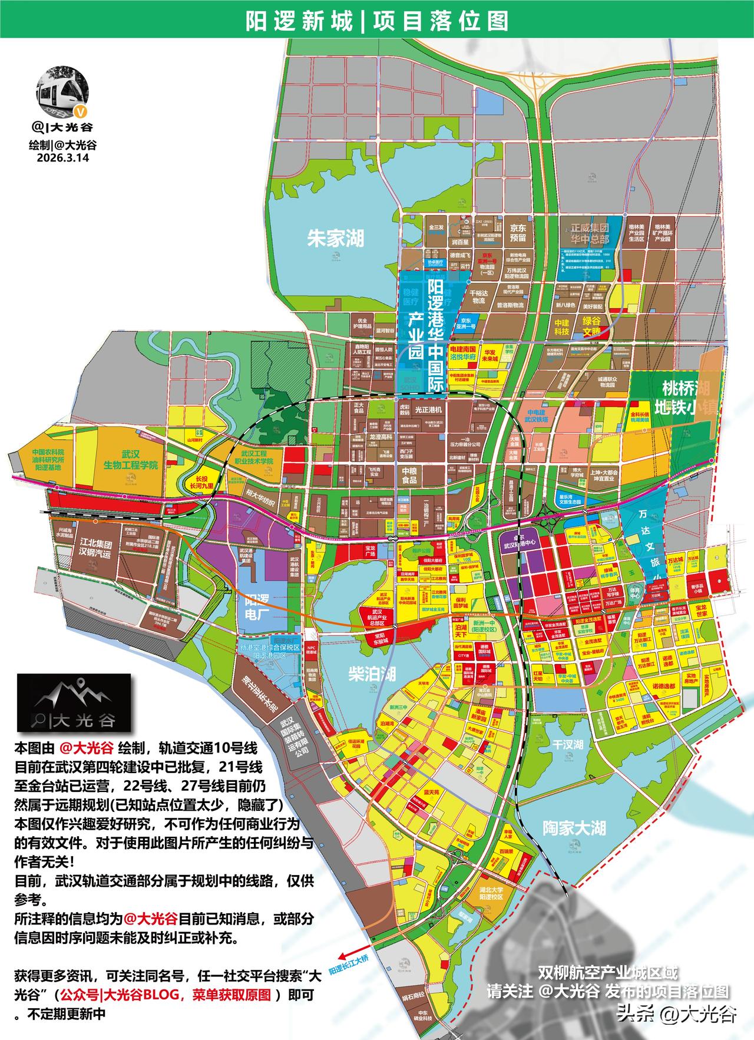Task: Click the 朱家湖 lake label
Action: [x=336, y=238]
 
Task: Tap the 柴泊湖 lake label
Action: [x=372, y=674]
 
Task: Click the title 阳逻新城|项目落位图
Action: [x=377, y=21]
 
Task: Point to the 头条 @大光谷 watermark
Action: [x=676, y=1014]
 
